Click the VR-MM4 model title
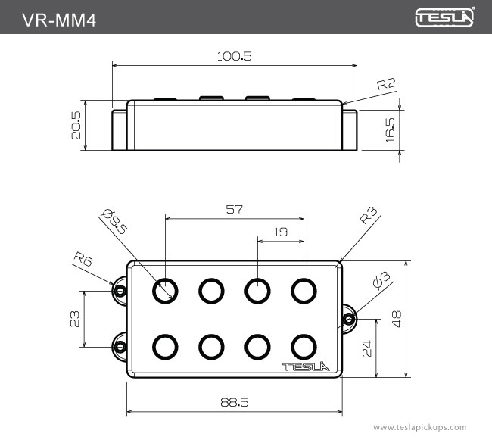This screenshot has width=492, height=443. [59, 17]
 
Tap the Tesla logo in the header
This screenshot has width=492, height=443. [445, 17]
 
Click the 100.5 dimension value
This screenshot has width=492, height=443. [234, 56]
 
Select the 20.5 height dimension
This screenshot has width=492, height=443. [76, 126]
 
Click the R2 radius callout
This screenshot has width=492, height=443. [386, 85]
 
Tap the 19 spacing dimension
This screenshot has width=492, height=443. [280, 232]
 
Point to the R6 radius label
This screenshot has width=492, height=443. [83, 260]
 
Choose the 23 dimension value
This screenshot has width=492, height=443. [74, 319]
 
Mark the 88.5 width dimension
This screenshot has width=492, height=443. [234, 403]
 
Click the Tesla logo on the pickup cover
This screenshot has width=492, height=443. [308, 367]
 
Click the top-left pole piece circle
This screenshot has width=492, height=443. [165, 290]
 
